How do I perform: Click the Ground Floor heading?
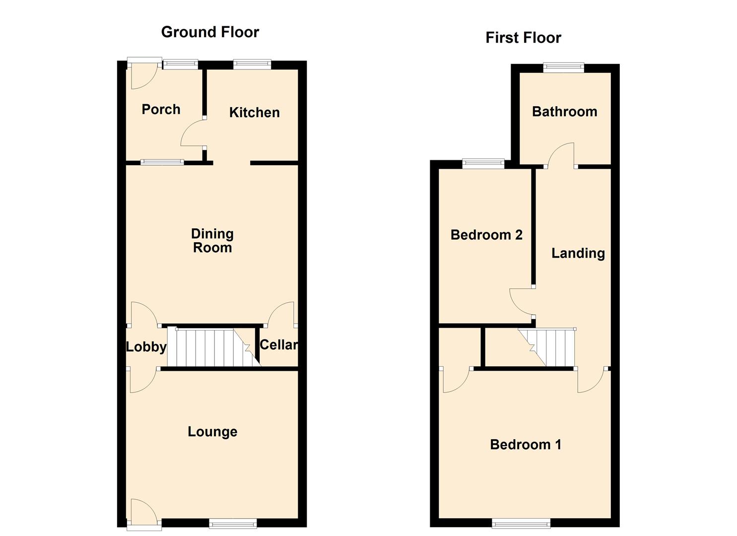point(210,32)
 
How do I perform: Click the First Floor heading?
point(523,38)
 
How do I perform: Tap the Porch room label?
point(161,109)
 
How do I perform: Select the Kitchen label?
point(254,112)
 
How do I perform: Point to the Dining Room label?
point(212,241)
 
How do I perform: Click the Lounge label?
point(212,432)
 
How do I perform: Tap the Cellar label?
point(278,344)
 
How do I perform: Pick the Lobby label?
point(146,347)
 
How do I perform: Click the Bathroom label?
point(564,112)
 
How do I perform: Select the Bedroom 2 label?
point(486,235)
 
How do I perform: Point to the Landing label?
point(578,253)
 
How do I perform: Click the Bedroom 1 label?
point(526,444)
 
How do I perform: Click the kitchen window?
point(252,64)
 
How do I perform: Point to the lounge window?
point(233,523)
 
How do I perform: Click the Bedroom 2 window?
point(483,163)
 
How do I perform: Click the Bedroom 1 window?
point(521,523)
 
